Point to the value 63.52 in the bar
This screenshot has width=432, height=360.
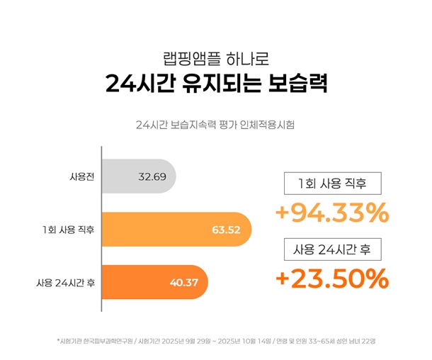226,229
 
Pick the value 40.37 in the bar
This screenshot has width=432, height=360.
183,282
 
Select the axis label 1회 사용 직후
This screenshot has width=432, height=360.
69,229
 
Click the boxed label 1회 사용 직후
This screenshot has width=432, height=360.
333,184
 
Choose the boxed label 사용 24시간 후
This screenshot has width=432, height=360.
333,249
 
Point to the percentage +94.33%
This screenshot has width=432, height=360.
331,213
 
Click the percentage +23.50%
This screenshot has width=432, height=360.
331,279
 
